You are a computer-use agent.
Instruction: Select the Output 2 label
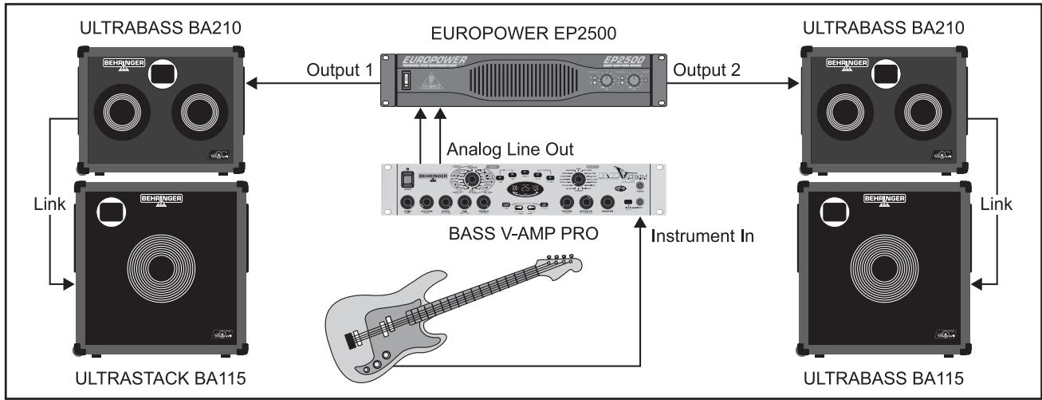pyautogui.click(x=707, y=69)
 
